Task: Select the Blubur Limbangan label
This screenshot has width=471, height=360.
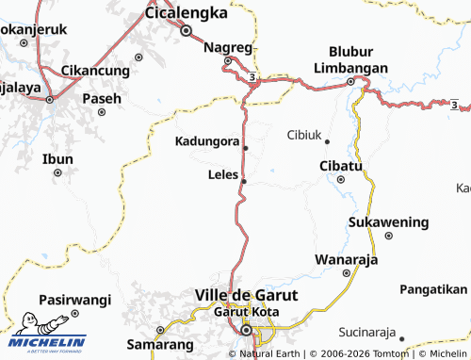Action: coord(358,60)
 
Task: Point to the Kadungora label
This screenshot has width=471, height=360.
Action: coord(206,142)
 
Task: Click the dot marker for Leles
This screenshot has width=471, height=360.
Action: coord(244,180)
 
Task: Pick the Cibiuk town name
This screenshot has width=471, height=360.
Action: coord(302,135)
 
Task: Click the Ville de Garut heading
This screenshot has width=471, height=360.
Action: coord(246,295)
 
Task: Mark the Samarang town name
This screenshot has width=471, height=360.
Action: coord(154,346)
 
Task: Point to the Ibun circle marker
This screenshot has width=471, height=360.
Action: coord(58,172)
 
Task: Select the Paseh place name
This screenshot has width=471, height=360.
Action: coord(101,98)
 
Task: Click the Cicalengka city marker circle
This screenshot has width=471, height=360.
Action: coord(187,30)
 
